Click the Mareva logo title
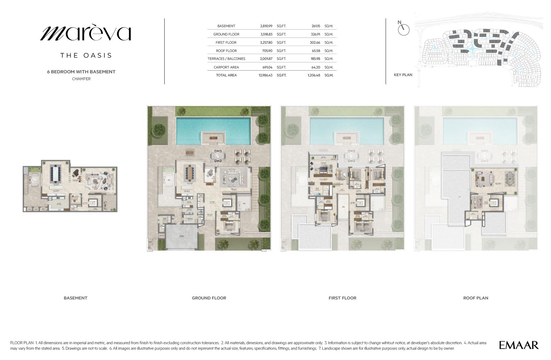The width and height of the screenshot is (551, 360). tap(86, 33)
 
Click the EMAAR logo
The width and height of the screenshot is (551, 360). tap(519, 345)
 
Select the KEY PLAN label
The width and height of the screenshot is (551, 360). tap(403, 75)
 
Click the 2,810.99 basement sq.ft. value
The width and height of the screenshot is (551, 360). tap(266, 26)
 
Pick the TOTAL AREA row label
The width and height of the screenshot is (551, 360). tap(226, 75)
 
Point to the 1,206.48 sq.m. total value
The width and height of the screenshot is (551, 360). tap(314, 75)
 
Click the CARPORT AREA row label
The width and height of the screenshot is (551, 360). tap(226, 67)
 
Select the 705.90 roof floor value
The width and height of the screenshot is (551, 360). tap(267, 51)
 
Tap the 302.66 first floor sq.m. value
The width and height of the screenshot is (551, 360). tap(315, 42)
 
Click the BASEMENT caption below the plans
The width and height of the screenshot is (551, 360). tap(75, 298)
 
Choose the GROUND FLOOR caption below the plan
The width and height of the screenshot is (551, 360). tap(209, 298)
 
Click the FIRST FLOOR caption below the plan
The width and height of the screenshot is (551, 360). tap(342, 298)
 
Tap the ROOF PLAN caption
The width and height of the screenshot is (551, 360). tap(476, 298)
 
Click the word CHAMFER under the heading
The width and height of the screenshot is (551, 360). tap(81, 79)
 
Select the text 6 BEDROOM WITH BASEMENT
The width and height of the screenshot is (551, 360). tap(81, 72)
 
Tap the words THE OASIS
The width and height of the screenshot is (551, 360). tap(86, 55)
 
